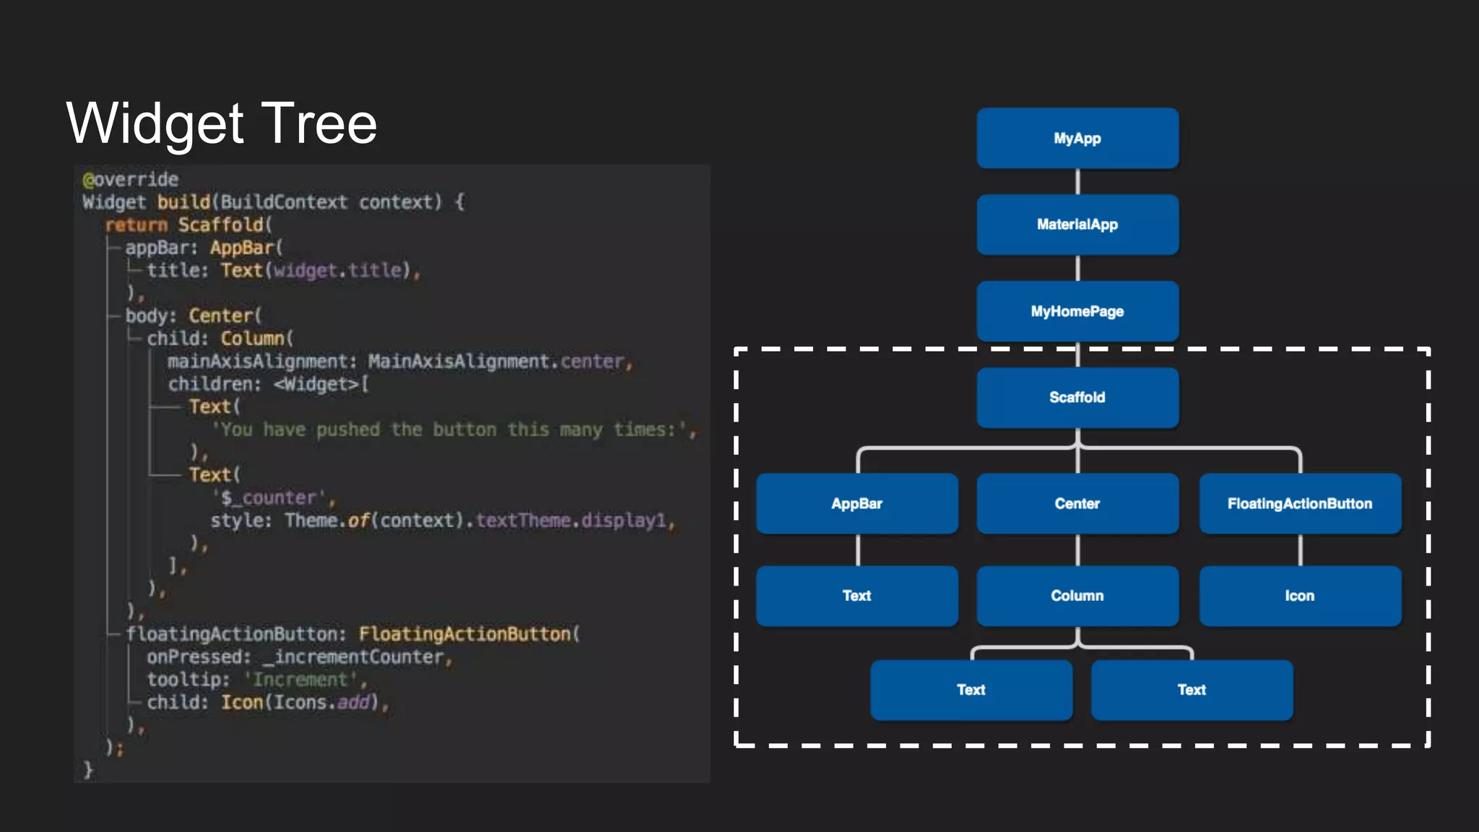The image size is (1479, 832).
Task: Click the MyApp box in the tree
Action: tap(1077, 138)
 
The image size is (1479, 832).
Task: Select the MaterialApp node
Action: tap(1077, 225)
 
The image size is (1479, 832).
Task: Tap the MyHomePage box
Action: tap(1077, 311)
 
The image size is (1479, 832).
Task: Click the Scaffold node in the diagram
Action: tap(1077, 397)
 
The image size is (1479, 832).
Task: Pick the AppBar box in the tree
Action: tap(856, 503)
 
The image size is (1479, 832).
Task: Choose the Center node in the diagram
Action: tap(1077, 503)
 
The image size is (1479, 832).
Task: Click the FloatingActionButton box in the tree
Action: tap(1299, 503)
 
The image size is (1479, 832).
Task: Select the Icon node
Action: tap(1299, 596)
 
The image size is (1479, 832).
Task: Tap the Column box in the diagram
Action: tap(1077, 596)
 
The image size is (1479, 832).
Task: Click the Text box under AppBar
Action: tap(856, 596)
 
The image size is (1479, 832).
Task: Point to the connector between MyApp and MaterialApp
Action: tap(1077, 181)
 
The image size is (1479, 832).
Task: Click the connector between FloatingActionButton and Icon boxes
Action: tap(1300, 550)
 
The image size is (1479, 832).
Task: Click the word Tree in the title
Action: tap(318, 123)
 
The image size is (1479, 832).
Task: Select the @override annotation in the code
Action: tap(131, 179)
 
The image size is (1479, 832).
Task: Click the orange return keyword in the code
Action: tap(136, 225)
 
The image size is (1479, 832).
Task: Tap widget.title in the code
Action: tap(337, 271)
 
